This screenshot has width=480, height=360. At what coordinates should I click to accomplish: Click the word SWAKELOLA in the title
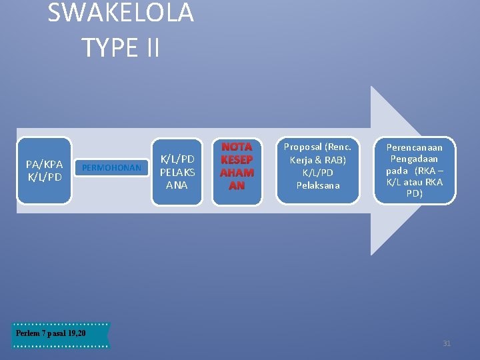click(121, 13)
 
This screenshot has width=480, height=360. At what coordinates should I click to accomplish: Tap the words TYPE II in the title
click(121, 47)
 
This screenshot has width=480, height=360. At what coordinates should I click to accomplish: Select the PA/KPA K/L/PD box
click(44, 171)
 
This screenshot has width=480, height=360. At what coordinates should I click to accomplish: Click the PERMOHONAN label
click(111, 168)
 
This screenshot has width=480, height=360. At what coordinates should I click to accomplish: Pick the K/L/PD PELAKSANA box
click(177, 171)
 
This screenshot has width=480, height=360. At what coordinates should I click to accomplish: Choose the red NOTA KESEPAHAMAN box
click(237, 171)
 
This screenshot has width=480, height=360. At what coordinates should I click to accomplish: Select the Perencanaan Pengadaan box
click(414, 170)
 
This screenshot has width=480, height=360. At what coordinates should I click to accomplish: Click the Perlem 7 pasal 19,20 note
click(61, 334)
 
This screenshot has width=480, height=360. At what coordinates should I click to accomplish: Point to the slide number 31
click(447, 343)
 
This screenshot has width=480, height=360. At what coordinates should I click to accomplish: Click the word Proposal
click(303, 147)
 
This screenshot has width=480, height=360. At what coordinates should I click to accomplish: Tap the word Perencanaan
click(414, 147)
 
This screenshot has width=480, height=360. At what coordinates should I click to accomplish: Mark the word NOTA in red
click(237, 147)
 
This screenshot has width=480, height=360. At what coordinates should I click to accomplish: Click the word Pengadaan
click(414, 159)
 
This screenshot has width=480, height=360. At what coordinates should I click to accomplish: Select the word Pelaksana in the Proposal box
click(317, 185)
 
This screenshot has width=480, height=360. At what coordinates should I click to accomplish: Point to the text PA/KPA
click(44, 164)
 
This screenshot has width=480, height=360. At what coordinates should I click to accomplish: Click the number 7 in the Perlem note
click(43, 333)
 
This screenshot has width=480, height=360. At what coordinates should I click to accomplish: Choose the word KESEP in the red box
click(237, 160)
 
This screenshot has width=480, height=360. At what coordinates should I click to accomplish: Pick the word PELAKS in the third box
click(177, 172)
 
